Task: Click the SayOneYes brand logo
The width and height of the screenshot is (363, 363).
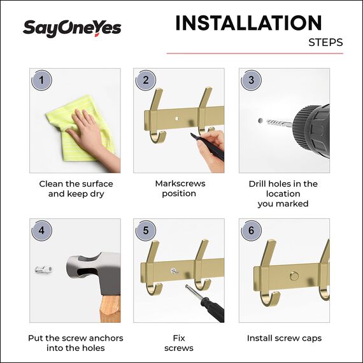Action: point(71,28)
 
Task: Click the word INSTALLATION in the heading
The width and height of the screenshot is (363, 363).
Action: point(248,23)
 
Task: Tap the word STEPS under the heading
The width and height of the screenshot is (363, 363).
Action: point(325,43)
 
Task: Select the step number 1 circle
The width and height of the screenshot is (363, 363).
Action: point(42,80)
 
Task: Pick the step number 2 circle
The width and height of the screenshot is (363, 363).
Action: point(146,80)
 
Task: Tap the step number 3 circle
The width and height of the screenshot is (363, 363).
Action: point(251,80)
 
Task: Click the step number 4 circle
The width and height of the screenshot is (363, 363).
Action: point(42,230)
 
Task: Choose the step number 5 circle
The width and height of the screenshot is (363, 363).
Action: point(146,230)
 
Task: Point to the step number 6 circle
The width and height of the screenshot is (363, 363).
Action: point(251,230)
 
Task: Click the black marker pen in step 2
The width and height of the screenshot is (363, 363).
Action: point(205,146)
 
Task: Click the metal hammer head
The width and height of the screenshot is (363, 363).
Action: point(92,271)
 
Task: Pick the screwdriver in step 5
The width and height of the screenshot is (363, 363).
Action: point(204,303)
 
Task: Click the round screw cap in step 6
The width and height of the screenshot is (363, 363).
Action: point(293,276)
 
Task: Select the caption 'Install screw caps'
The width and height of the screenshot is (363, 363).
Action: point(284,338)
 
